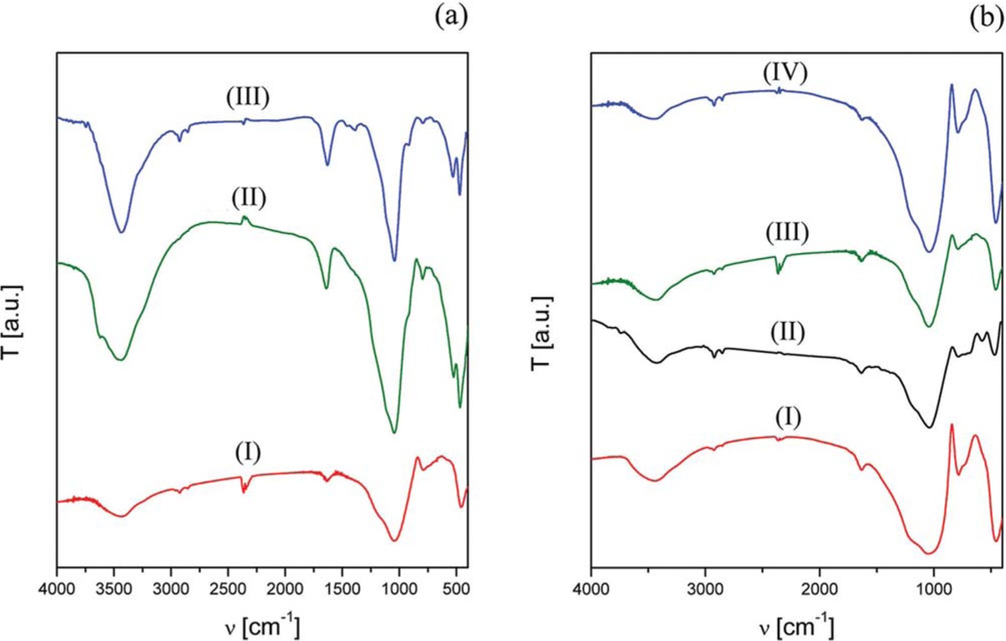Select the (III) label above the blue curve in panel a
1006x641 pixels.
pos(247,97)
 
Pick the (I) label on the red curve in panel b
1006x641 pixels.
pos(785,415)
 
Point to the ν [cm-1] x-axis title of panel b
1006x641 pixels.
pos(796,624)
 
